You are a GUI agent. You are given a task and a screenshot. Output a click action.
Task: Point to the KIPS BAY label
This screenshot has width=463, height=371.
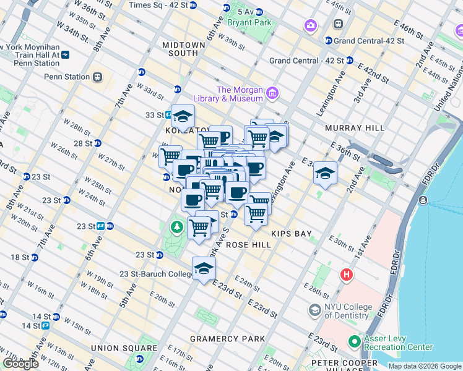click(x=291, y=234)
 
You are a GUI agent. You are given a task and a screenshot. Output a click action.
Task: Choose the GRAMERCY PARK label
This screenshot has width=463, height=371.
click(x=227, y=339)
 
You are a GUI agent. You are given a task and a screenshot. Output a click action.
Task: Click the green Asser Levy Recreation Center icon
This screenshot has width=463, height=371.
click(x=355, y=341)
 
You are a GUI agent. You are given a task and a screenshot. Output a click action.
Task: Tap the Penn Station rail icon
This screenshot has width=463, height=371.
click(x=97, y=77)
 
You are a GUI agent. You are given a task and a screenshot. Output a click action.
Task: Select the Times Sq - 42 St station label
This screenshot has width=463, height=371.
click(x=157, y=5)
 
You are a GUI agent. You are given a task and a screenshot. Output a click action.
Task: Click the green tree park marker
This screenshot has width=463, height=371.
click(x=178, y=228)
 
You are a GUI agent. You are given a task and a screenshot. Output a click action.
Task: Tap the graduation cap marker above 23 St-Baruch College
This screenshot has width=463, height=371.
click(x=203, y=268)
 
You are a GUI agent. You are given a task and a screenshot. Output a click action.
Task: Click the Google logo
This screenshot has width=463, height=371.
click(x=20, y=364)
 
